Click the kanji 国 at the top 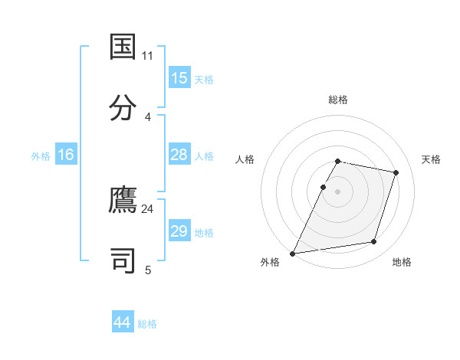pos(123,47)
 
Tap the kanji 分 pos(123,106)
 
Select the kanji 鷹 pos(123,200)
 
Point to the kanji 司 pos(123,260)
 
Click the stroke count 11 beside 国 pos(148,56)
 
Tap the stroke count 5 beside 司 pos(148,270)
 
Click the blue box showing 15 pos(179,78)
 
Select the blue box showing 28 pos(179,155)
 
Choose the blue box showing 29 pos(179,231)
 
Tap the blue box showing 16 pos(65,155)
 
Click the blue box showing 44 pos(122,322)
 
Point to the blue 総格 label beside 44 pos(147,324)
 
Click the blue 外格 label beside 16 pos(41,156)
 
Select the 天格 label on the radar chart pos(432,159)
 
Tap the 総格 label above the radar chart pos(337,100)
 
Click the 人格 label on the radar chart pos(245,159)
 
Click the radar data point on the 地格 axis pos(374,242)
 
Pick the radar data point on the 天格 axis pos(396,172)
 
